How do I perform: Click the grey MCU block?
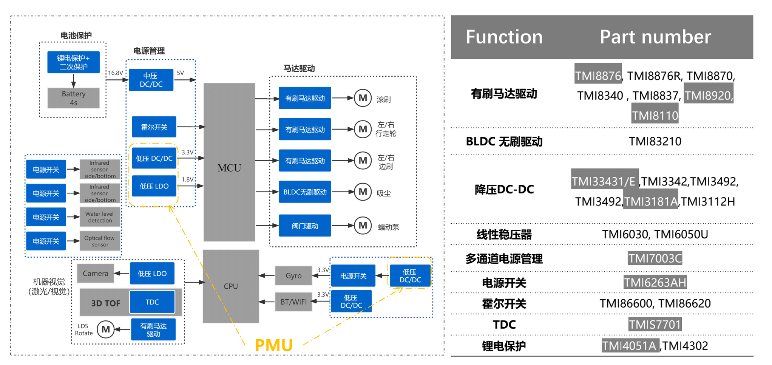tap(229, 162)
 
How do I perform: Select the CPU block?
tap(231, 286)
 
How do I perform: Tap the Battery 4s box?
tap(74, 98)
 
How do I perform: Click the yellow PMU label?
tap(274, 345)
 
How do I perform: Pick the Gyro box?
tap(293, 275)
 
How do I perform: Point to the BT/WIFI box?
tap(293, 302)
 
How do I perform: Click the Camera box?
tap(96, 273)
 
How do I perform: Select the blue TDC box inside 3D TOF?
tap(152, 302)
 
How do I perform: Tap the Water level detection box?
tap(100, 217)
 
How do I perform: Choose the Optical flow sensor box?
tap(100, 241)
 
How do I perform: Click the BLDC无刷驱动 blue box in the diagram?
tap(305, 192)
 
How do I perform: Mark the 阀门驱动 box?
tap(305, 226)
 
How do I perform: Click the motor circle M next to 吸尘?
tap(363, 192)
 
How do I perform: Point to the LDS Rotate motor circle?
tap(106, 329)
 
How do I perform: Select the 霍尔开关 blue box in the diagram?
tap(154, 127)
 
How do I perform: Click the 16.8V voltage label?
tap(116, 73)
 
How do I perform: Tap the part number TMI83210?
tap(655, 141)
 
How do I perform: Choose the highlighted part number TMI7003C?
tap(655, 258)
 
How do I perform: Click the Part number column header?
tap(655, 37)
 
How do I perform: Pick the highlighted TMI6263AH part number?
tap(655, 282)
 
